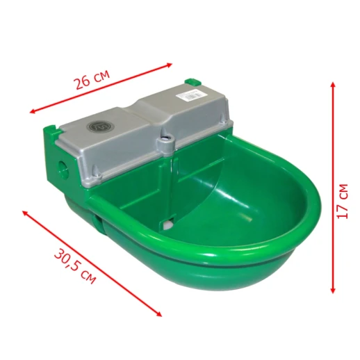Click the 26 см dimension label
(91, 79)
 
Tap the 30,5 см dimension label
(75, 267)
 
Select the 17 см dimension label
(343, 201)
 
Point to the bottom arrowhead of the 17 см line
(333, 291)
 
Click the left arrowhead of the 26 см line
(33, 112)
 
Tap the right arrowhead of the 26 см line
(170, 64)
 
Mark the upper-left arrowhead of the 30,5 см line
(25, 213)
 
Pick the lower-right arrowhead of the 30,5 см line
(159, 314)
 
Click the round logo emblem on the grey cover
(101, 126)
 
